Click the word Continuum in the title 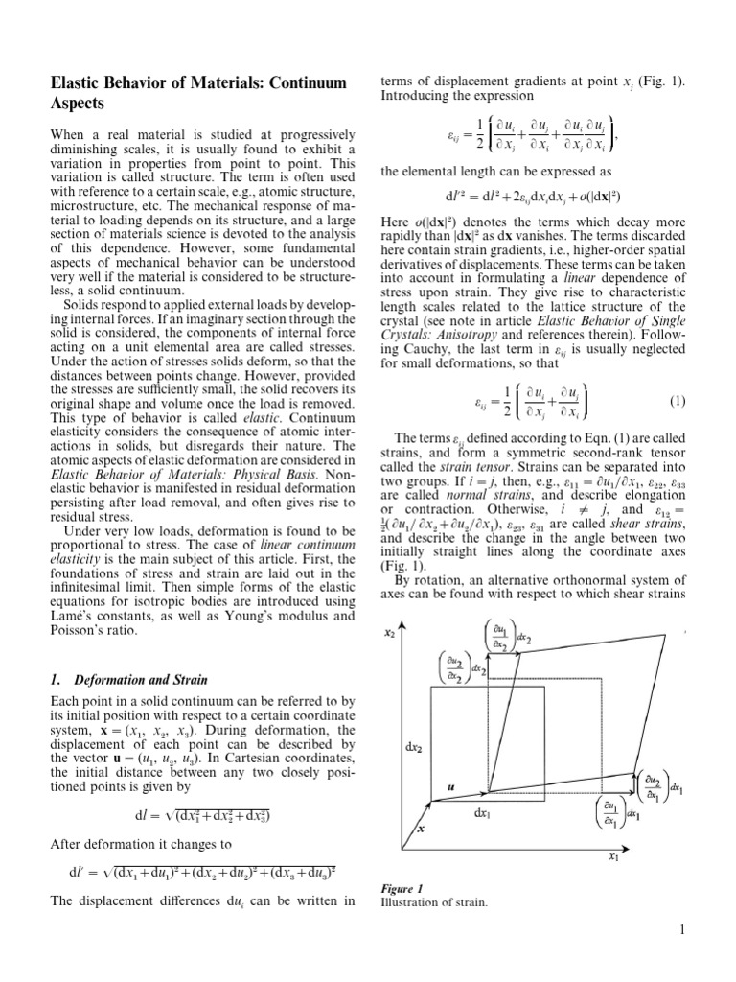[304, 83]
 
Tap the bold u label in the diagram [451, 786]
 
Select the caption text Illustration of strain [434, 902]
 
